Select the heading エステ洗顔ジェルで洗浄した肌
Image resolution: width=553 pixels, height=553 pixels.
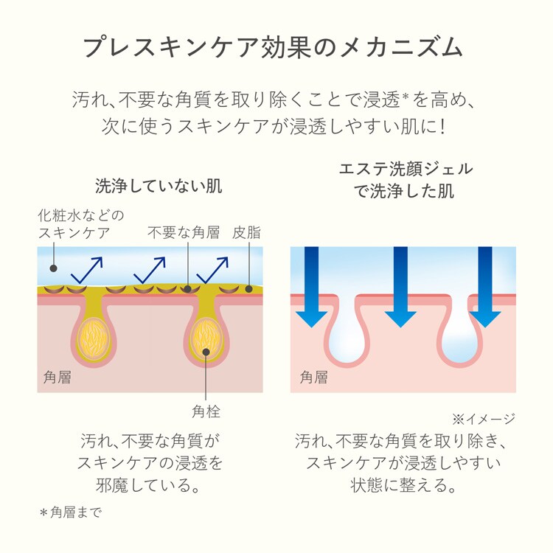click(x=406, y=180)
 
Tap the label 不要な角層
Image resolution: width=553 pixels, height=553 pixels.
click(x=184, y=233)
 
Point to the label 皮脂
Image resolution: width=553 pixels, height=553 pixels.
click(x=246, y=233)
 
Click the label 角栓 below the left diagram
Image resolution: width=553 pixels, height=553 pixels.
click(x=206, y=411)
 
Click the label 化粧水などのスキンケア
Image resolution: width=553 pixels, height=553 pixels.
click(x=80, y=224)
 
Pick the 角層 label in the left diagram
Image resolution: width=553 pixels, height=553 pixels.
click(x=58, y=378)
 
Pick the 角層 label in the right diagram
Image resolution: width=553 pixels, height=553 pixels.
click(x=313, y=378)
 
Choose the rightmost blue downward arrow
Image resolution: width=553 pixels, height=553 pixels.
click(x=485, y=288)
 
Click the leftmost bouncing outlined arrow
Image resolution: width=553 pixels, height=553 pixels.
click(x=86, y=270)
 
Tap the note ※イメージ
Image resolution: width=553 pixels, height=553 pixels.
click(x=483, y=419)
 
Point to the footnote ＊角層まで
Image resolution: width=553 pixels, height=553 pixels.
click(x=71, y=511)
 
